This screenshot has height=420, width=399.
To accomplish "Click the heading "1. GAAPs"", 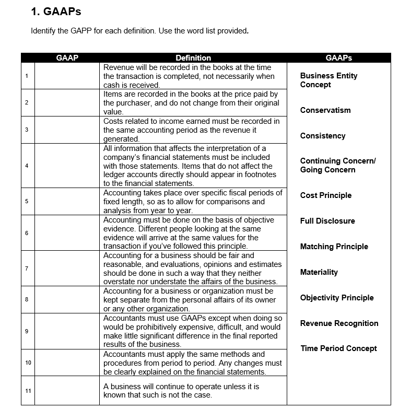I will pyautogui.click(x=56, y=11).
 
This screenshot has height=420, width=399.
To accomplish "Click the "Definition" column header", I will pyautogui.click(x=193, y=58).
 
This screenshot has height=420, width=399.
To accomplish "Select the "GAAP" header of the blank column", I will pyautogui.click(x=67, y=58).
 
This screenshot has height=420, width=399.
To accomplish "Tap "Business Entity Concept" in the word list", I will pyautogui.click(x=328, y=80).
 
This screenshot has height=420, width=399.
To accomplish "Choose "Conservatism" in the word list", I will pyautogui.click(x=325, y=110).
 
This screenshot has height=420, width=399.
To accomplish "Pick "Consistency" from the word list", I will pyautogui.click(x=323, y=136).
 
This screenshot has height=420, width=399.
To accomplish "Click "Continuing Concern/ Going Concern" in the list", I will pyautogui.click(x=337, y=165).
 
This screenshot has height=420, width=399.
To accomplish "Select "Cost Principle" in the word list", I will pyautogui.click(x=326, y=195).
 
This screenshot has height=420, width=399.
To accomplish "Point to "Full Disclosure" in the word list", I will pyautogui.click(x=327, y=221).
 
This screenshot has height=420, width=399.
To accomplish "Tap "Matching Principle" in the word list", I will pyautogui.click(x=334, y=247).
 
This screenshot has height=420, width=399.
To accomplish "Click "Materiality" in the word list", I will pyautogui.click(x=319, y=272).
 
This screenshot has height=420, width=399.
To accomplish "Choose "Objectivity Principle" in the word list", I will pyautogui.click(x=337, y=298).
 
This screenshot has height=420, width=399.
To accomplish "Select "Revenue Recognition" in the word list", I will pyautogui.click(x=339, y=323).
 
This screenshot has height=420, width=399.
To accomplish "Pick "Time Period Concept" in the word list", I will pyautogui.click(x=338, y=348).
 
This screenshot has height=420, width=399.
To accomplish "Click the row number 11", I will pyautogui.click(x=28, y=391).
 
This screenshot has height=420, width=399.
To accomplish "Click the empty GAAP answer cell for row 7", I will pyautogui.click(x=67, y=269).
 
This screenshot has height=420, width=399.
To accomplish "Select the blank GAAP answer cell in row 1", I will pyautogui.click(x=67, y=76).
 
